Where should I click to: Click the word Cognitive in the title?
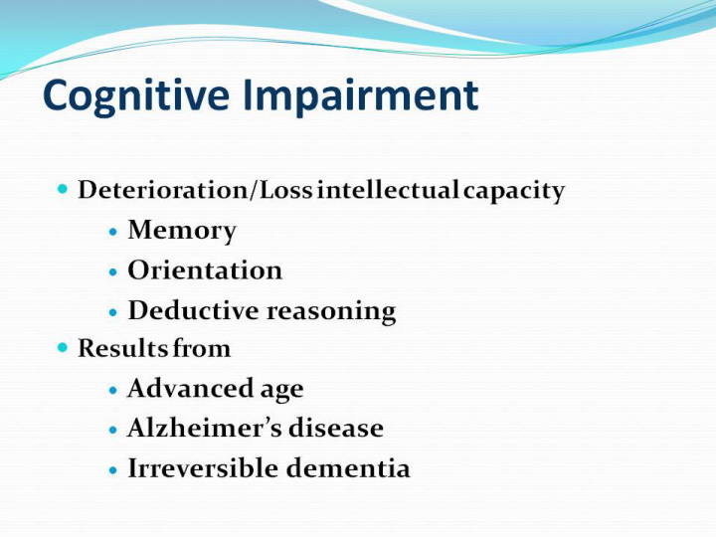pyautogui.click(x=136, y=96)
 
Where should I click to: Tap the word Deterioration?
pyautogui.click(x=162, y=190)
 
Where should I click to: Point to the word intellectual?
pyautogui.click(x=388, y=190)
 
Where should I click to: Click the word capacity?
pyautogui.click(x=514, y=191)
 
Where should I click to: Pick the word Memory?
pyautogui.click(x=182, y=230)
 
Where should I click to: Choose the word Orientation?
pyautogui.click(x=205, y=269)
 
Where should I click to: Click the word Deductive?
pyautogui.click(x=194, y=310)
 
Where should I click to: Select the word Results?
pyautogui.click(x=123, y=348)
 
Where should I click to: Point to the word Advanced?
pyautogui.click(x=190, y=388)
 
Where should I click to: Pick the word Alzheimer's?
pyautogui.click(x=204, y=428)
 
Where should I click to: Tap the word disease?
pyautogui.click(x=336, y=428)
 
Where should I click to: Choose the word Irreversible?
pyautogui.click(x=203, y=468)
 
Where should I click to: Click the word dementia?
pyautogui.click(x=348, y=468)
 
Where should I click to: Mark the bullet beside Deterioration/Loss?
pyautogui.click(x=63, y=189)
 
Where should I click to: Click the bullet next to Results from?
pyautogui.click(x=63, y=348)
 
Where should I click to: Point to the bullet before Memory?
pyautogui.click(x=113, y=232)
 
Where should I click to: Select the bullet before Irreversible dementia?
pyautogui.click(x=113, y=470)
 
